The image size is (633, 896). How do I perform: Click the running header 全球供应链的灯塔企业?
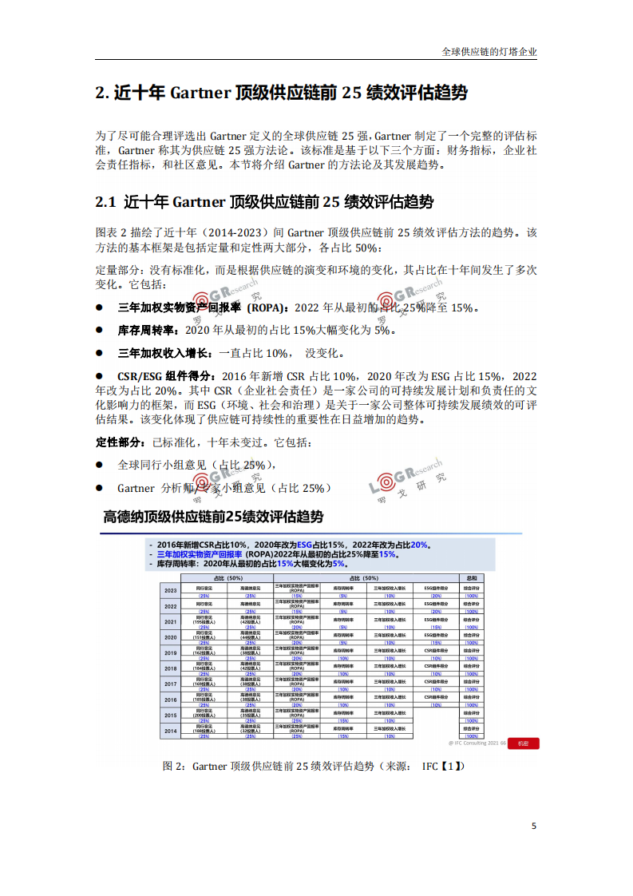click(x=489, y=52)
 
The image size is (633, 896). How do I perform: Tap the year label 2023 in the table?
click(x=170, y=591)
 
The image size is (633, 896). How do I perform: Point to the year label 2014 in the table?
click(x=170, y=730)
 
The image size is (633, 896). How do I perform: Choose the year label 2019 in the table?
click(x=170, y=652)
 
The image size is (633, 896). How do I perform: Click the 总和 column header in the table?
click(x=472, y=577)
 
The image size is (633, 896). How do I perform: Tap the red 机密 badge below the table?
click(x=524, y=743)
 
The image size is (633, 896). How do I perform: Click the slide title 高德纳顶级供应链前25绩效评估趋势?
click(x=213, y=516)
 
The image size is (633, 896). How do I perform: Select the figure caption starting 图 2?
click(x=312, y=766)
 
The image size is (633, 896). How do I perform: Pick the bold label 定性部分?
click(x=120, y=442)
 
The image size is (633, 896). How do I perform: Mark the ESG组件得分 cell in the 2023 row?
click(x=436, y=588)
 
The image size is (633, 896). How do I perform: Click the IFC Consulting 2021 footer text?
click(x=476, y=743)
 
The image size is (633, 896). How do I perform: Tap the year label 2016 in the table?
click(x=170, y=699)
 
